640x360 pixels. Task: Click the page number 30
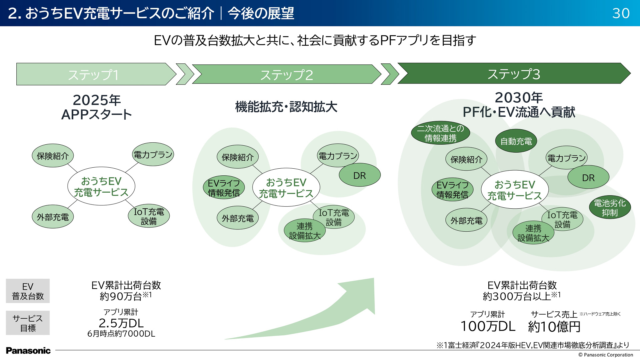(621, 13)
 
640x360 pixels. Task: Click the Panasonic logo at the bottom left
(28, 350)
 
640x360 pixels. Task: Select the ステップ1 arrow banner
(93, 74)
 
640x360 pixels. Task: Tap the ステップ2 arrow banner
(287, 74)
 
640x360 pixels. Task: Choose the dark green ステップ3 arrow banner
(513, 74)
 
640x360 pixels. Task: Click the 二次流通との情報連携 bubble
(440, 133)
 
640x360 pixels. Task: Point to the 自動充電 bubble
(516, 141)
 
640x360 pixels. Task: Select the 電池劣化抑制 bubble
(610, 207)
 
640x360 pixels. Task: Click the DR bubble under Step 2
(359, 175)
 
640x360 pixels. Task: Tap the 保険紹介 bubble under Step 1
(53, 156)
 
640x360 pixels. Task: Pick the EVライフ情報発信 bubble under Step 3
(452, 190)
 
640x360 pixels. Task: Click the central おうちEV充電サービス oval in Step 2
(286, 188)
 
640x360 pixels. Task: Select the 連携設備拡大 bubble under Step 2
(304, 231)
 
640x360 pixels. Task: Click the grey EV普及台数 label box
(28, 291)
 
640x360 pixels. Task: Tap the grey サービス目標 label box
(28, 323)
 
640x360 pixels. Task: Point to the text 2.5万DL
(121, 323)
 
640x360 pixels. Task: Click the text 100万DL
(488, 326)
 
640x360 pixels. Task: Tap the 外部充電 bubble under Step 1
(53, 217)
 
